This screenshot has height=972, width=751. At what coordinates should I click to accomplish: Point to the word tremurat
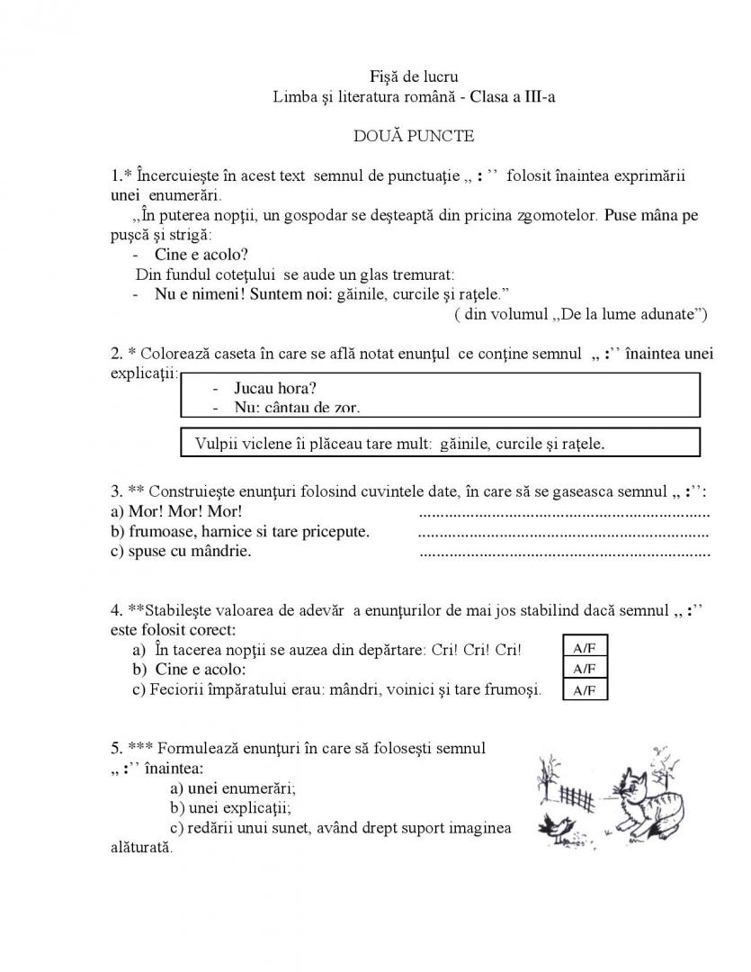[422, 274]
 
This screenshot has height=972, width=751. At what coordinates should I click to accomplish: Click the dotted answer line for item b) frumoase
[565, 533]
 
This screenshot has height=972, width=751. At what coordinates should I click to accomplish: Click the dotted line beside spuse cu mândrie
[565, 553]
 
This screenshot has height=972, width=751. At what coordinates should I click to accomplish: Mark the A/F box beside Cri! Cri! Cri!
[585, 650]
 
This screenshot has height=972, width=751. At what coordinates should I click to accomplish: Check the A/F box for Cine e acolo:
[585, 670]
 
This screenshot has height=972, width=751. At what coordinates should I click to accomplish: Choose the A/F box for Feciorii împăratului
[585, 691]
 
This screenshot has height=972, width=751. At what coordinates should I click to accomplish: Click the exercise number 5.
[117, 748]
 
